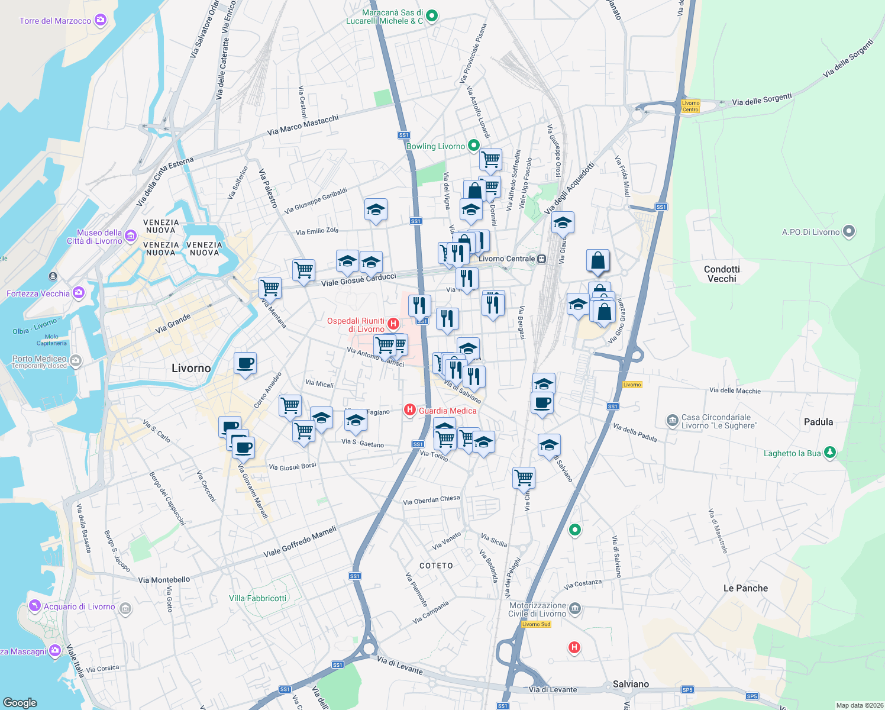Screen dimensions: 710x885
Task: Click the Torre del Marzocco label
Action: click(55, 21)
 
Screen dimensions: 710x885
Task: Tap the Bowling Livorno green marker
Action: click(473, 145)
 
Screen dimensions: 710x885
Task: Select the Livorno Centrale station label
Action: click(507, 259)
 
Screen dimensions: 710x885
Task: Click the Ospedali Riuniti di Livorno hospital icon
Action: click(393, 324)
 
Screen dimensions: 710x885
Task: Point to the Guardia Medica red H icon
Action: click(409, 409)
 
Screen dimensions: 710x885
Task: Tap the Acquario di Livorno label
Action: click(79, 606)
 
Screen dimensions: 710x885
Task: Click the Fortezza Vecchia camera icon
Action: click(79, 293)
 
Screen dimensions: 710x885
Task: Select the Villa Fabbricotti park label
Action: click(257, 598)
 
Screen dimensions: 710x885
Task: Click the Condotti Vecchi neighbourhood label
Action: click(722, 274)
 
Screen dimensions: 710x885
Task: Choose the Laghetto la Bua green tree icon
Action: click(830, 453)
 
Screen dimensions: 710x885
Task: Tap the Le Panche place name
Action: click(745, 588)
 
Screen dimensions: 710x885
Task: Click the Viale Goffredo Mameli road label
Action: click(300, 541)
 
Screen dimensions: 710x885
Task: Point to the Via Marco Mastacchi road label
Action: click(303, 125)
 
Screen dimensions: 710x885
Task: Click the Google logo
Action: click(20, 702)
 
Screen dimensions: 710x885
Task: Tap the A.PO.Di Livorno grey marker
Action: click(849, 231)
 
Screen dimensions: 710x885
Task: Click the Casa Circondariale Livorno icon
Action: click(672, 421)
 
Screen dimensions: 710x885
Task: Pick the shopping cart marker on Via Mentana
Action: click(270, 288)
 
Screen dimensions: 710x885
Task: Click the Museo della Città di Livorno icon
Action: click(131, 236)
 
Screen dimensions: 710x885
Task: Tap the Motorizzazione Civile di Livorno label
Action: click(537, 609)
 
